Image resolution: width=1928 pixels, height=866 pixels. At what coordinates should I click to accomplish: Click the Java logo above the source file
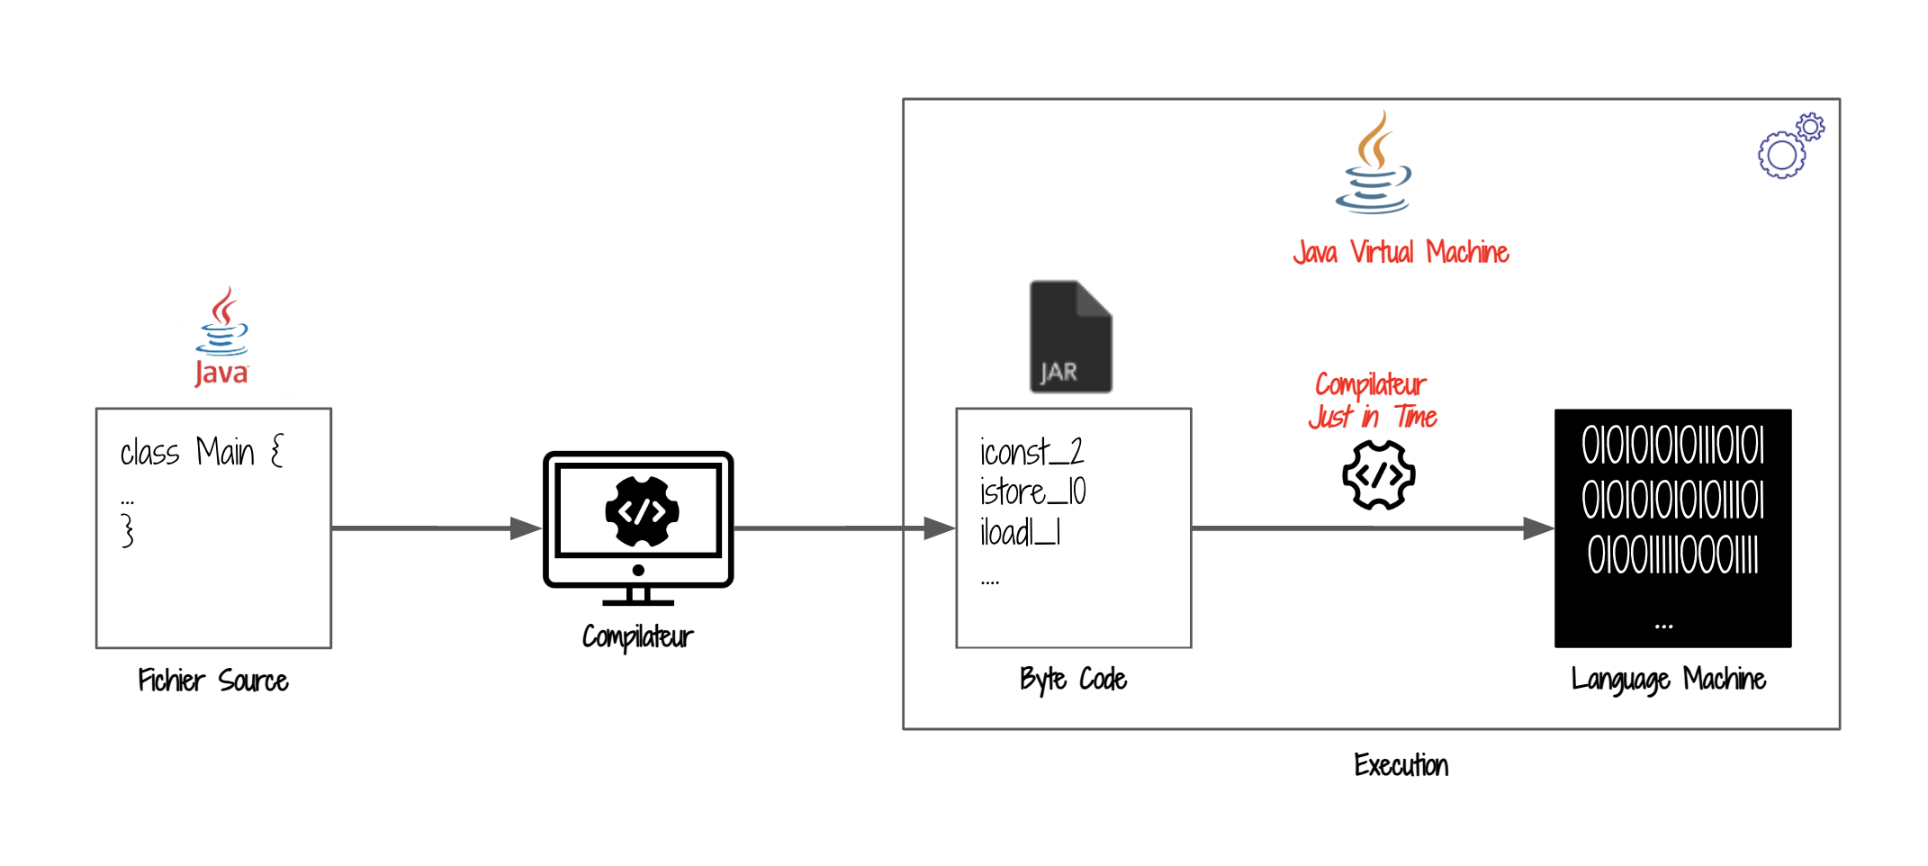coord(221,337)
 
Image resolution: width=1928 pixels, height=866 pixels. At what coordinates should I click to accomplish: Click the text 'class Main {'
coord(202,451)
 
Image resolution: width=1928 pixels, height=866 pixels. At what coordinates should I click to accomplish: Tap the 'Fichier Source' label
coord(213,681)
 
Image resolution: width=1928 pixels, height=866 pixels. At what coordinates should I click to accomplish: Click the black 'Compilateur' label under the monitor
coord(637,637)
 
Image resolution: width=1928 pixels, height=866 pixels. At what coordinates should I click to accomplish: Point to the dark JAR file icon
coord(1070,337)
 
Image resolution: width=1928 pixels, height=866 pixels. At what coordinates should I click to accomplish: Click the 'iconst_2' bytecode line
coord(1032,451)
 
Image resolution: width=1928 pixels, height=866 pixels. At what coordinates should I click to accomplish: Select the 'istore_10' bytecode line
coord(1032,492)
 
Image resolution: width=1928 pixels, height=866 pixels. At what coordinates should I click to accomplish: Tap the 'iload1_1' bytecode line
coord(1020,533)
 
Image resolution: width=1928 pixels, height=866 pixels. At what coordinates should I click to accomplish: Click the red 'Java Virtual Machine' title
coord(1401,252)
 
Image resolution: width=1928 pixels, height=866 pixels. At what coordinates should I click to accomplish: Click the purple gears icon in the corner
coord(1790,146)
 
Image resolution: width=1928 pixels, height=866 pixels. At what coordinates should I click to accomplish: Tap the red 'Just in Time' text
coord(1373,417)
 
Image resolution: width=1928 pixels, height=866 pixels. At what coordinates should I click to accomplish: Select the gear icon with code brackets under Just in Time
coord(1378,475)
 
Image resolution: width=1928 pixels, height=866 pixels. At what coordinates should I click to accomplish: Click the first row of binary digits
coord(1672,446)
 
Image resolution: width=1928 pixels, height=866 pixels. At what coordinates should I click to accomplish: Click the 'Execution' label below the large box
coord(1401,765)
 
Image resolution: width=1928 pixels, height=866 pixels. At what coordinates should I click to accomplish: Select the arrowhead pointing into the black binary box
coord(1538,528)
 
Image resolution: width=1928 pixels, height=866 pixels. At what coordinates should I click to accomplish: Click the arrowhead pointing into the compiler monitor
coord(526,528)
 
